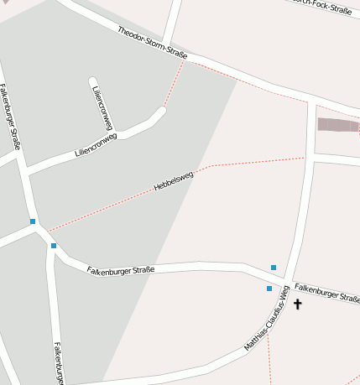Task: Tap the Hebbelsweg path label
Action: [x=174, y=181]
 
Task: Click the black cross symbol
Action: [x=297, y=304]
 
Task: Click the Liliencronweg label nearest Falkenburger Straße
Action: [x=96, y=144]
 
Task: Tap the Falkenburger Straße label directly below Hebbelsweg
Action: [x=121, y=270]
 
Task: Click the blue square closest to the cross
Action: [x=269, y=289]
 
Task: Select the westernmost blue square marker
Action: [x=33, y=221]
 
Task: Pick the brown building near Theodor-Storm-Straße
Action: [x=337, y=125]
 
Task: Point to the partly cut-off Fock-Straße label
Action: [x=324, y=8]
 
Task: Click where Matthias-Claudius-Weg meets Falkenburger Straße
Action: [x=287, y=281]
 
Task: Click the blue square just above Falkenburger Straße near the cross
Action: [x=274, y=268]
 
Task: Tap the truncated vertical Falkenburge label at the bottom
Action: [x=59, y=362]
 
